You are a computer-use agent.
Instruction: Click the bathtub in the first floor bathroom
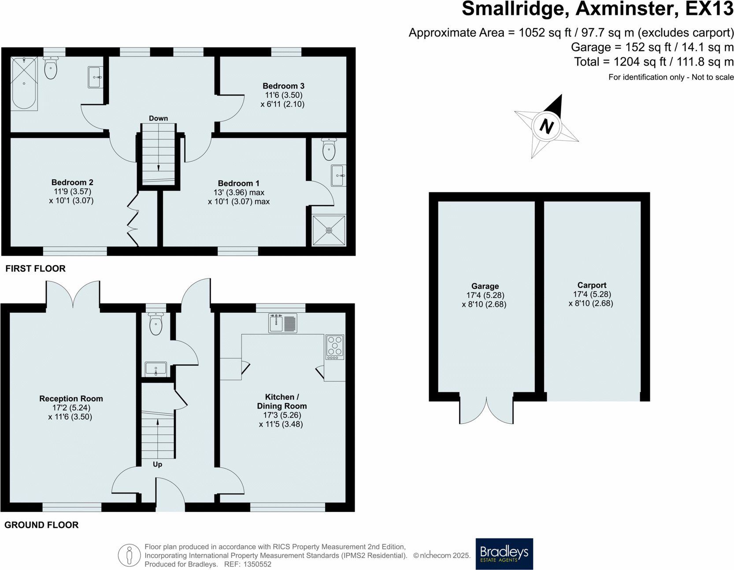pos(24,83)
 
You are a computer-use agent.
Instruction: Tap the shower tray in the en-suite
pos(329,230)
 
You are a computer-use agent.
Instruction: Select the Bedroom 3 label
pos(283,86)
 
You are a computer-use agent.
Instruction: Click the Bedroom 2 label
pos(72,182)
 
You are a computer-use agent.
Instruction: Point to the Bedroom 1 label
pos(238,183)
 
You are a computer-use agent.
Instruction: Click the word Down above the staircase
pos(158,118)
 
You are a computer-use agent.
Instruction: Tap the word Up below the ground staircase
pos(157,464)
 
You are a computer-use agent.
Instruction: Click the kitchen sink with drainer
pos(283,323)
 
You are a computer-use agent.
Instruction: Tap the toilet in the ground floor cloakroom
pos(156,324)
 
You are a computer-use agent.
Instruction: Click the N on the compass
pos(546,126)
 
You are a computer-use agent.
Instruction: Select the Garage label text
pos(485,286)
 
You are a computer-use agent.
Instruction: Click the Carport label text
pos(592,285)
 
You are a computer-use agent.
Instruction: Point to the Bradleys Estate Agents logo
pos(504,554)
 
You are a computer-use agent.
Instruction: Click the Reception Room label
pos(71,399)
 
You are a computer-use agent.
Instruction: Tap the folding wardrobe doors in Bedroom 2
pos(133,220)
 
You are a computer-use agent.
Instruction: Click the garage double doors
pos(486,410)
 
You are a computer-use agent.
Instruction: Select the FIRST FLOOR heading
pos(35,269)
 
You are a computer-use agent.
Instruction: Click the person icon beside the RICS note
pos(129,555)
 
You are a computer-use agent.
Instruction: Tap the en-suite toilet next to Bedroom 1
pos(329,149)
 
